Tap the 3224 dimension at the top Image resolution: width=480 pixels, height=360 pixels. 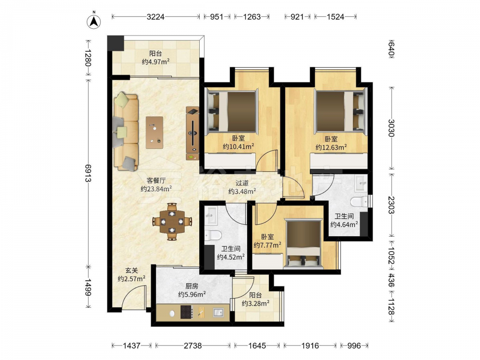click(x=156, y=17)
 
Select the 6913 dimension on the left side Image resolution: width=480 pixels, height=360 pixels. click(x=88, y=173)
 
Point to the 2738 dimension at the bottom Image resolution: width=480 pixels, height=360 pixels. click(x=192, y=346)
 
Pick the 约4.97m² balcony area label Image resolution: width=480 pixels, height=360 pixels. click(x=156, y=62)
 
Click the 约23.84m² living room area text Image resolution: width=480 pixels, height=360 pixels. click(x=156, y=189)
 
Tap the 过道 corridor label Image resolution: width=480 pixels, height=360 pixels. click(x=242, y=183)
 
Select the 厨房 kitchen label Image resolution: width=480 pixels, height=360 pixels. click(x=192, y=286)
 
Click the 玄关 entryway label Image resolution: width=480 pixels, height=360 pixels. click(x=132, y=271)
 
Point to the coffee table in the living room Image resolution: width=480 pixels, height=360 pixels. click(x=154, y=132)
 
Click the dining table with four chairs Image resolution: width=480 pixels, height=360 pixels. click(x=172, y=221)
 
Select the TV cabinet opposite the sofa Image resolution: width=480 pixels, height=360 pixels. click(x=192, y=133)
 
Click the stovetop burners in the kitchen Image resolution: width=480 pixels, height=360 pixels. click(x=186, y=312)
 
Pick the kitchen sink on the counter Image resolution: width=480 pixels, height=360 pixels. click(x=218, y=312)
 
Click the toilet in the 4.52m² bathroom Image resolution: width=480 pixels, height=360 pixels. click(x=213, y=235)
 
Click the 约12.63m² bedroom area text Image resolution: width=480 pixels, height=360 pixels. click(x=331, y=147)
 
